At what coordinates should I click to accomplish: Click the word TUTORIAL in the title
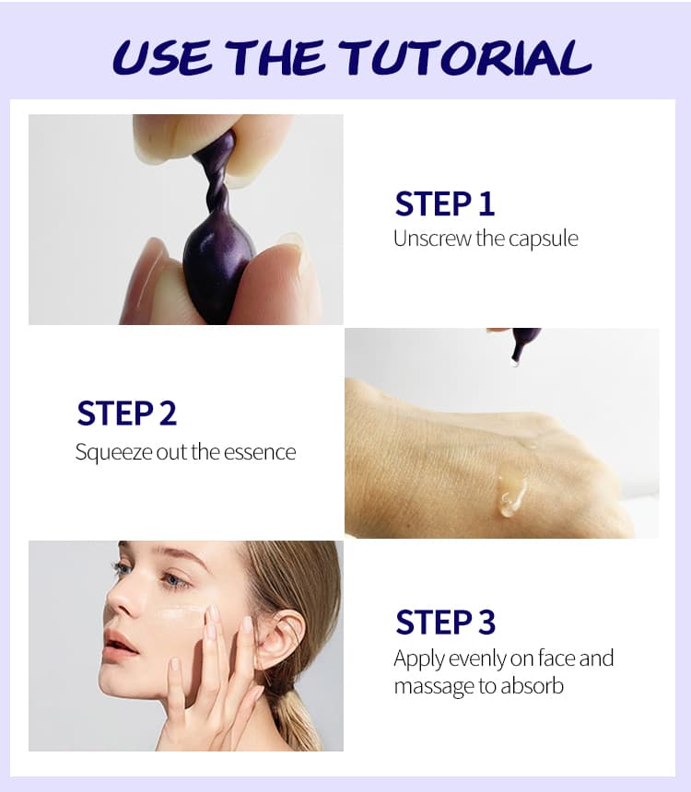465,58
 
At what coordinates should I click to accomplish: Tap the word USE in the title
162,58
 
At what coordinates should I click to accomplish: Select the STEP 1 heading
444,204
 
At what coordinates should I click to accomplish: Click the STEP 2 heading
126,413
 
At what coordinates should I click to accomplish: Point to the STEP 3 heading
445,622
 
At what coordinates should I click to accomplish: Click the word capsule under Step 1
543,239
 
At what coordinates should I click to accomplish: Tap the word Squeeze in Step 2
113,452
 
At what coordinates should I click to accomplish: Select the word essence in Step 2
260,452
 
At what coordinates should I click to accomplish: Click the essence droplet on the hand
512,496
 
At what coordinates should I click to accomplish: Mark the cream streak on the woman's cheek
182,613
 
